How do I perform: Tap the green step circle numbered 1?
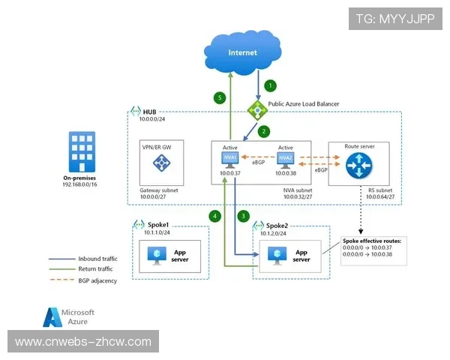271,86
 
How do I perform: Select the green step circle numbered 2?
264,130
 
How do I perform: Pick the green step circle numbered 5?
220,97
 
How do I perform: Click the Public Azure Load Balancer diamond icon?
258,111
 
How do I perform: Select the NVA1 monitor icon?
230,160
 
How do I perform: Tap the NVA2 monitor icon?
284,160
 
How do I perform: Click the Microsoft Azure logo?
68,316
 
